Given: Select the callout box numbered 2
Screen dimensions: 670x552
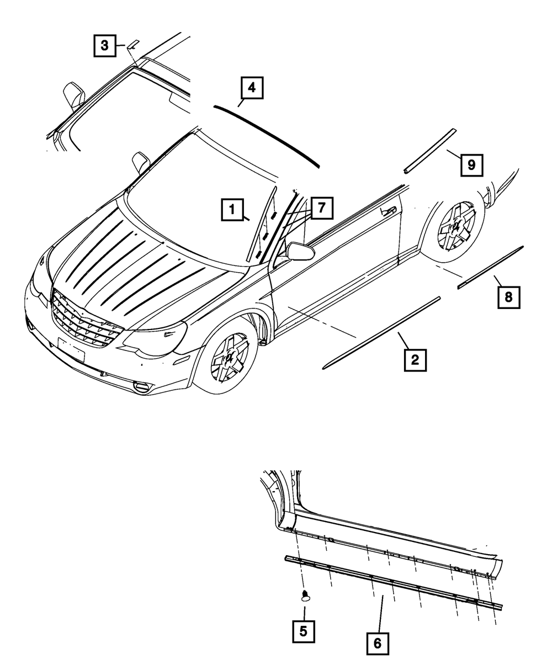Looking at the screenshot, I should point(414,361).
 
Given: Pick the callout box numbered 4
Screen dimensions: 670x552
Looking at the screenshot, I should point(251,88).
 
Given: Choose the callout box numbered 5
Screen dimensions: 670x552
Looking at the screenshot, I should point(304,631).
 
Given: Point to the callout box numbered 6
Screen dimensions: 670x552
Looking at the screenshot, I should point(378,644).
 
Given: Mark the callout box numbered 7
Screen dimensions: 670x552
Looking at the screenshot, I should point(322,208).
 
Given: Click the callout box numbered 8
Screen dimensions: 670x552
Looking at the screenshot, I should point(508,297).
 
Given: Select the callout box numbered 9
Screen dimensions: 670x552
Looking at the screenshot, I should point(471,164).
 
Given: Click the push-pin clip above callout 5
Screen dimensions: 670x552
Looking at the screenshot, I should point(305,595).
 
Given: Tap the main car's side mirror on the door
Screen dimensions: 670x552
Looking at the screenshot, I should point(301,251).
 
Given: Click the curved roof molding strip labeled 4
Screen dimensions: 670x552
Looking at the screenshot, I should point(268,134).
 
